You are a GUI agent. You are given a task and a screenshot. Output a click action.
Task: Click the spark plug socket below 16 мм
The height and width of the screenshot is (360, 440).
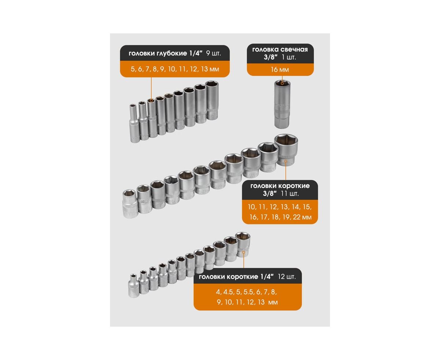282,104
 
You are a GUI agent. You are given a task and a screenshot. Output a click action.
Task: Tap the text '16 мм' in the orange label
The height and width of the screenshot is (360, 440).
280,69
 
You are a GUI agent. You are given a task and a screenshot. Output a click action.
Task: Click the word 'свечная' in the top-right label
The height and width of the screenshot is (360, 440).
294,49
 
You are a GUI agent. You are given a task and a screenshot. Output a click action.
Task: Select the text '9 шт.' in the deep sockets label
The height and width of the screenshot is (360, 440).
213,54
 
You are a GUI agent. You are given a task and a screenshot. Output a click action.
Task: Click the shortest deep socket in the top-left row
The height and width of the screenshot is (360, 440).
134,123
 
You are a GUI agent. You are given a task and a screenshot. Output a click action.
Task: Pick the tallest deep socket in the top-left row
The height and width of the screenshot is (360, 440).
212,100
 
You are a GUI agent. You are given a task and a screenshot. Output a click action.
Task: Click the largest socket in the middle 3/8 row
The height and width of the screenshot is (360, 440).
286,150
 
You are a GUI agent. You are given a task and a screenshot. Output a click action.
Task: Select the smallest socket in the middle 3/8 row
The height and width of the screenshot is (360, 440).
130,203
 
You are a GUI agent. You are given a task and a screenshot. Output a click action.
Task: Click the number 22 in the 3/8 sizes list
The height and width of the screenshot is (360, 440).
297,217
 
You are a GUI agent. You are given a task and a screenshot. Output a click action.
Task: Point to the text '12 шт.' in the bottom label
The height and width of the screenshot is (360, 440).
287,276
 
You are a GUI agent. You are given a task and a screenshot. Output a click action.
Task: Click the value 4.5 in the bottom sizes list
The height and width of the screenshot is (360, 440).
228,292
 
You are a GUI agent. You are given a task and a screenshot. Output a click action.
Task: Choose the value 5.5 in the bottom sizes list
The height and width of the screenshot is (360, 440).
249,292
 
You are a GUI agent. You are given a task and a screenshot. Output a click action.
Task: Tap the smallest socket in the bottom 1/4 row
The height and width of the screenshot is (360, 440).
134,286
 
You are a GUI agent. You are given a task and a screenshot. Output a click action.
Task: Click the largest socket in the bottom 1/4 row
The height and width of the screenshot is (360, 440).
243,245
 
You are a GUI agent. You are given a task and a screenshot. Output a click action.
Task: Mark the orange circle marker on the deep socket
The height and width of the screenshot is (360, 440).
151,101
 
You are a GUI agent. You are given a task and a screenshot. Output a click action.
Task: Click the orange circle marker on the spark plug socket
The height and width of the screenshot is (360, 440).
282,84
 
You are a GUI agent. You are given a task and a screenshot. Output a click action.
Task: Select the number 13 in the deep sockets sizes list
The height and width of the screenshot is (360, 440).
205,69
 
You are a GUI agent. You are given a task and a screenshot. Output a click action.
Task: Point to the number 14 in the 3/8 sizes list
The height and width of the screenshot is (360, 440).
296,207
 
